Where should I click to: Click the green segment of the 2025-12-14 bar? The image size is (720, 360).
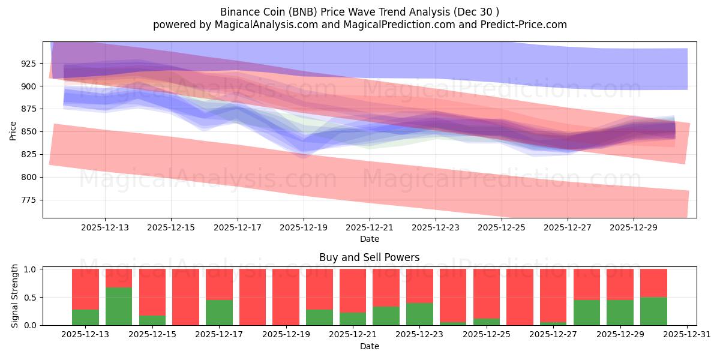[119, 306]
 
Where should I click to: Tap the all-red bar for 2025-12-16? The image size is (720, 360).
[185, 297]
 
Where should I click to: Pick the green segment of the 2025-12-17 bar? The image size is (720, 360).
[219, 312]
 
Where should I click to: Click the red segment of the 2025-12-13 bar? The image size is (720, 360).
[85, 289]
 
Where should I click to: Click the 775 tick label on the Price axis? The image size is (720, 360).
[28, 200]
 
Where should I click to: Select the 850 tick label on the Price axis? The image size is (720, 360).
[28, 132]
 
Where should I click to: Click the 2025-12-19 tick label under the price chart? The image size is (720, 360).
[304, 227]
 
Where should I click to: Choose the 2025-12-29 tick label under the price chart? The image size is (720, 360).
[634, 227]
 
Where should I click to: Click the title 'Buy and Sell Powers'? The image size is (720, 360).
[369, 257]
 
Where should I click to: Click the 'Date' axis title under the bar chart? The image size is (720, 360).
[369, 346]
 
